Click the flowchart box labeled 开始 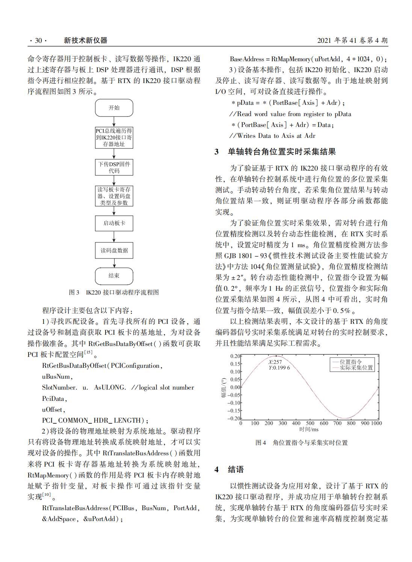(x=114, y=108)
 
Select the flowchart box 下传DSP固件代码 (x=114, y=167)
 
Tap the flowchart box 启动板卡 (x=114, y=223)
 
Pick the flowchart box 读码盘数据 (x=114, y=251)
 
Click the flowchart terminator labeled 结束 (x=114, y=276)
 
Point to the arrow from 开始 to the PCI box (x=114, y=122)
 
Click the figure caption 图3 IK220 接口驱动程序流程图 (x=114, y=292)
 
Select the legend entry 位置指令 (x=351, y=362)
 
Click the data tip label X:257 (x=275, y=362)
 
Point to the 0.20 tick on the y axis (x=235, y=356)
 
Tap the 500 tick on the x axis (x=310, y=423)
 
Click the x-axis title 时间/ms (x=309, y=429)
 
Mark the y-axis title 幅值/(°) (x=224, y=387)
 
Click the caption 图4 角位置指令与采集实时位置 (x=302, y=443)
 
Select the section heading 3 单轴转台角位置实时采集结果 (x=275, y=152)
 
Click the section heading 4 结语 (x=229, y=469)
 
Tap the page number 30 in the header (x=38, y=41)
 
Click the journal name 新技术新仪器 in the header (x=86, y=41)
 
